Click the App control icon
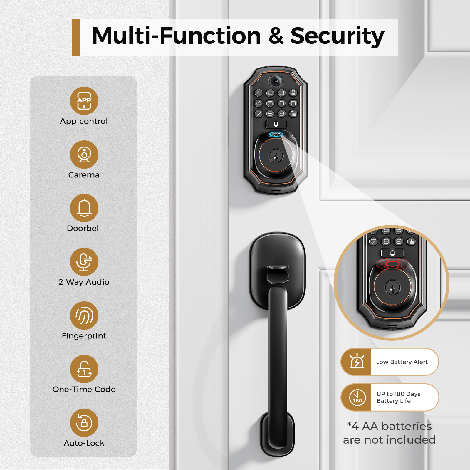click(84, 101)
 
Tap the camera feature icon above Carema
click(84, 155)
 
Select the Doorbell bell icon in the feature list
click(84, 208)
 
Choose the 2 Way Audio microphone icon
click(84, 262)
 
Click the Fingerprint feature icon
click(84, 315)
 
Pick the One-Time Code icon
click(84, 369)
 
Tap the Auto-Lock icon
click(84, 423)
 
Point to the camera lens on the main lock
click(276, 81)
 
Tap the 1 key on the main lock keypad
click(258, 93)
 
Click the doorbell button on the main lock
click(276, 124)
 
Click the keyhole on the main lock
click(276, 156)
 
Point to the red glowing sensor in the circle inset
click(392, 264)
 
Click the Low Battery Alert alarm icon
click(357, 362)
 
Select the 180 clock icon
click(357, 397)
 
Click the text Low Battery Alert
click(402, 362)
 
